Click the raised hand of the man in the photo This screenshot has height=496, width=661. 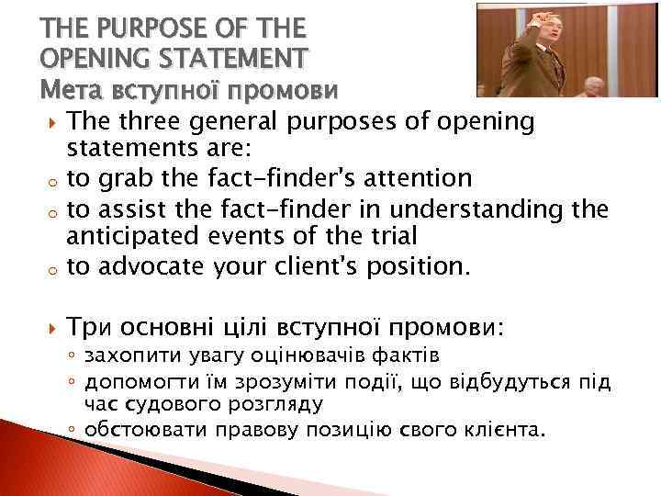pyautogui.click(x=541, y=19)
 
